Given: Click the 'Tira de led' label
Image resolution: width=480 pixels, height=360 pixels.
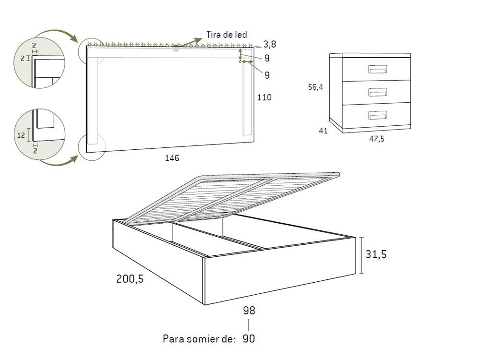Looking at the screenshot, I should [x=227, y=34].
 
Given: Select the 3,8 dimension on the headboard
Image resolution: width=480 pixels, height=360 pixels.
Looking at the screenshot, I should [x=269, y=45].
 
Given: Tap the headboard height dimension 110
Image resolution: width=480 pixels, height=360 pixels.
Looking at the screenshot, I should [x=264, y=97].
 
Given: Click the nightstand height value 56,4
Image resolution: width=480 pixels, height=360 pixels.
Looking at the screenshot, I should [x=315, y=87].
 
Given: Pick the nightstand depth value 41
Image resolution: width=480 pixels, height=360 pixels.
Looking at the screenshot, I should [x=323, y=130].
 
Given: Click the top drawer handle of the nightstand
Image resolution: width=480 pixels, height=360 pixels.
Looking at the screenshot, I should [x=377, y=70].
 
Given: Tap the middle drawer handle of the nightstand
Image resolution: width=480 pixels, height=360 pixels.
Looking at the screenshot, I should [x=377, y=92].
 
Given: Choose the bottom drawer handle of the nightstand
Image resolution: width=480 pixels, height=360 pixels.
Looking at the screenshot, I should [x=377, y=115].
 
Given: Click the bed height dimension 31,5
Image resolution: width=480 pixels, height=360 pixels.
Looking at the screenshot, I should [x=376, y=254].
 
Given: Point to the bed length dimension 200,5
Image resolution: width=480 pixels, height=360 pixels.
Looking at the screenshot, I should [x=130, y=279].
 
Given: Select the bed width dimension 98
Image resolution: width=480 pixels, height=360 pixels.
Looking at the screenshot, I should [x=249, y=311].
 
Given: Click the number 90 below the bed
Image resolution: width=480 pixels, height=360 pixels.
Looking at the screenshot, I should [x=249, y=339].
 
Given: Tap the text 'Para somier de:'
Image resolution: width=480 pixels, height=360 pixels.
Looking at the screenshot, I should [x=199, y=339].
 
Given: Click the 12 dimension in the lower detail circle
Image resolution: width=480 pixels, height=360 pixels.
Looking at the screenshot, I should [x=21, y=135].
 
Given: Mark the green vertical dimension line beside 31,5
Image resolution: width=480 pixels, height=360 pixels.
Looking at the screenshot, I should [x=362, y=255].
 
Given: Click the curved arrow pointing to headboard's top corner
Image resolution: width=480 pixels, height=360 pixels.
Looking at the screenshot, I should [x=58, y=32].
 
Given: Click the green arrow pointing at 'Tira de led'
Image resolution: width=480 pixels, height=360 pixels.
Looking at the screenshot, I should [x=190, y=42].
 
